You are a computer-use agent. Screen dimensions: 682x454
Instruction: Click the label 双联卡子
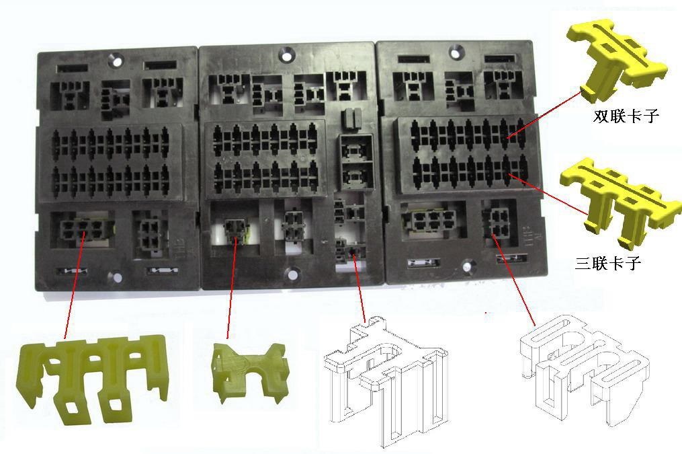[x=626, y=116]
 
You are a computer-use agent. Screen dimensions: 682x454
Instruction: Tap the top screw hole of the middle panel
[x=286, y=55]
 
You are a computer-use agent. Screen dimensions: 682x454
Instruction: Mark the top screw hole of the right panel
[x=455, y=53]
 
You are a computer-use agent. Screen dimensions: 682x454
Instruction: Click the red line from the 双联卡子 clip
[x=544, y=114]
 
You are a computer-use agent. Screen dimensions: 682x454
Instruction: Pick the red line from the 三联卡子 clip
[x=549, y=194]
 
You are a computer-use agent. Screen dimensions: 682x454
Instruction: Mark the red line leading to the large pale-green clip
[x=75, y=285]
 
